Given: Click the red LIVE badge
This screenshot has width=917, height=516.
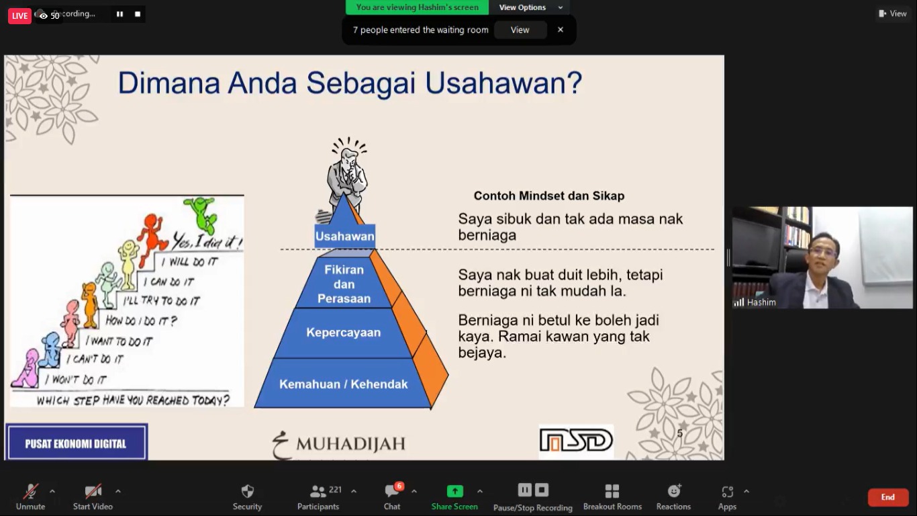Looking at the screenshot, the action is coord(19,16).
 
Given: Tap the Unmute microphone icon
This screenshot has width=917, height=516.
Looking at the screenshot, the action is coord(31,491).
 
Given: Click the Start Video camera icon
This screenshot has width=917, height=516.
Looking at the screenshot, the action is coord(93,491).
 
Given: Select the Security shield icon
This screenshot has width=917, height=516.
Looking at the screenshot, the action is coord(247,491).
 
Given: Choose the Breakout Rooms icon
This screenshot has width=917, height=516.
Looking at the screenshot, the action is coord(612,491).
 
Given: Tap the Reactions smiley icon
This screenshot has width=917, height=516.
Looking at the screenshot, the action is coord(673,491).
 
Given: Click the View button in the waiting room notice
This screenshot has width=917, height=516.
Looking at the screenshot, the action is coord(520,30).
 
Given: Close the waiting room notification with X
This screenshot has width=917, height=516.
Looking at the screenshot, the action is coord(561,30).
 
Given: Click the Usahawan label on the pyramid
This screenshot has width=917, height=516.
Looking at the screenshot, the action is coord(344,236).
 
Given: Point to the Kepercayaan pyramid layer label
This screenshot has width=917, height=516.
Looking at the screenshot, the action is coord(344,332).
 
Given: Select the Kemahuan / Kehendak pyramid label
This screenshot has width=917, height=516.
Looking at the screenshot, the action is coord(344,384).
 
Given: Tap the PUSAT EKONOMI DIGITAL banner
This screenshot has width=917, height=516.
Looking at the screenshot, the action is coord(76,443).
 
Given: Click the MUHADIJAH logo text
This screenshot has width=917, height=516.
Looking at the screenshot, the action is coord(351,443).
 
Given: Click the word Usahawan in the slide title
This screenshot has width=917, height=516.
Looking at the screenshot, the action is coord(503,83).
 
